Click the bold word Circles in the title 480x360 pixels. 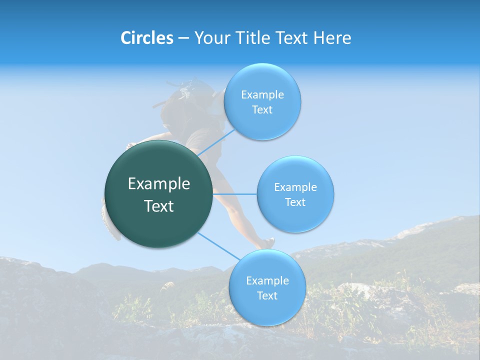tap(147, 38)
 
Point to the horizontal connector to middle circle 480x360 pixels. tap(235, 194)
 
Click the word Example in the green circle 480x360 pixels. tap(159, 184)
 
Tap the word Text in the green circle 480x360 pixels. tap(159, 206)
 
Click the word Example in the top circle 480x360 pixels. tap(262, 95)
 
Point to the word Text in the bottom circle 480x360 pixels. tap(267, 295)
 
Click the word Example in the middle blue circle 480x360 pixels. tap(295, 187)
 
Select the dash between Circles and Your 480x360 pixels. tap(183, 38)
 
